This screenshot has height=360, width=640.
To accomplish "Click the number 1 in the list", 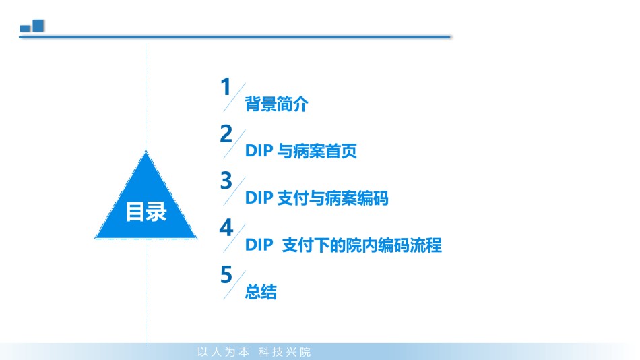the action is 226,86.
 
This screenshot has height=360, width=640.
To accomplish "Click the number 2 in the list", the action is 226,133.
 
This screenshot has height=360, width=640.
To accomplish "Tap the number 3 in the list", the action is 226,181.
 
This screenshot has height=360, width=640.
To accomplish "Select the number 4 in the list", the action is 226,228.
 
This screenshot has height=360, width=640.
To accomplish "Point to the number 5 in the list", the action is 226,274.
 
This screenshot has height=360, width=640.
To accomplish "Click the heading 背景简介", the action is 276,104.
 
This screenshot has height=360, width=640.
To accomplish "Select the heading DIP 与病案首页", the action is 301,151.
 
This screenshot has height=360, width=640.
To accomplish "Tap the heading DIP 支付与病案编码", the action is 317,198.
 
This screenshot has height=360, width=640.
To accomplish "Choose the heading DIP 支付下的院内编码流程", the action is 344,245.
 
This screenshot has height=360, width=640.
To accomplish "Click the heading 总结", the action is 261,292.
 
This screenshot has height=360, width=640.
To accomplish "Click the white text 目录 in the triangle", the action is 146,212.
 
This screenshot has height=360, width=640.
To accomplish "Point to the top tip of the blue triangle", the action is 146,151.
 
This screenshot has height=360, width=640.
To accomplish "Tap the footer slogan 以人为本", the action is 223,352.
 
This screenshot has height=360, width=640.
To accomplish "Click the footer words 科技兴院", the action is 284,352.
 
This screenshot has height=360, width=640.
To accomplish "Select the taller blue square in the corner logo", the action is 38,26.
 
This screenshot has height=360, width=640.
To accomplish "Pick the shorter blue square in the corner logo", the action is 26,28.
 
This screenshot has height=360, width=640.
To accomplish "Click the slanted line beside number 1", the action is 234,97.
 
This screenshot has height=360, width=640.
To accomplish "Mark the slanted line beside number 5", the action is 234,285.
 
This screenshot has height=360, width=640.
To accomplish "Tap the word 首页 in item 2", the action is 342,151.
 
